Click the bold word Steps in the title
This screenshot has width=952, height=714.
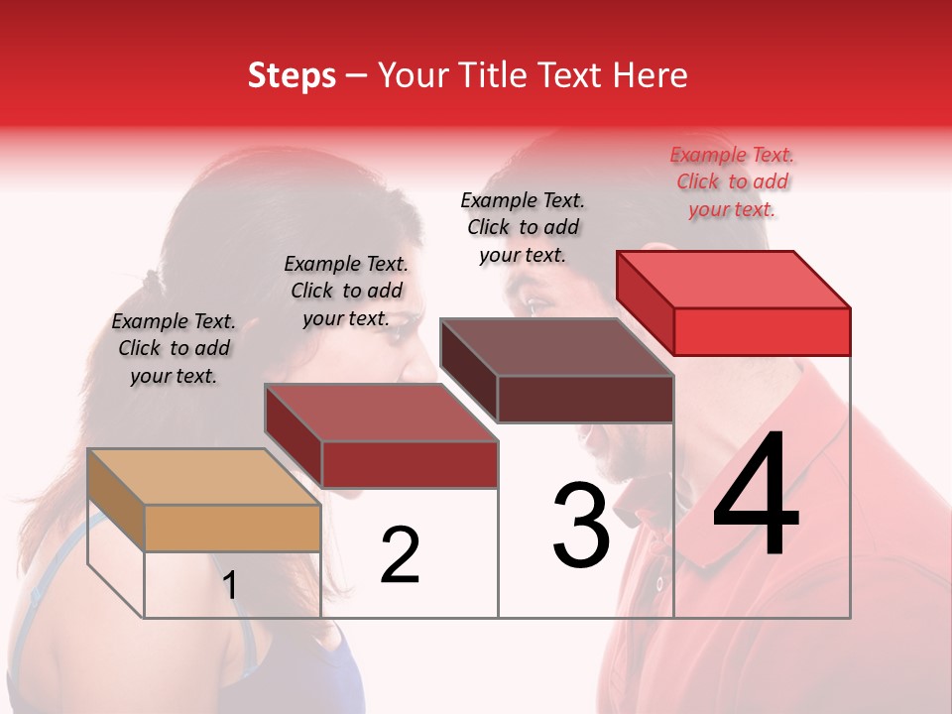(292, 76)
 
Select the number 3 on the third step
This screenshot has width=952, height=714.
(581, 526)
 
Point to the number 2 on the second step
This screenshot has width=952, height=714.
(400, 555)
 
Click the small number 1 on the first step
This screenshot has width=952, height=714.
(230, 586)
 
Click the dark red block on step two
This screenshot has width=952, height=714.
(381, 436)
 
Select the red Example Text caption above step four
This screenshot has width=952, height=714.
(732, 182)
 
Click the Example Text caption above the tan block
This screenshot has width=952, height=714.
(174, 349)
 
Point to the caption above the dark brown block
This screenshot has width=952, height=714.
(523, 228)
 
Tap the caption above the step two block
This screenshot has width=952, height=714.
(346, 292)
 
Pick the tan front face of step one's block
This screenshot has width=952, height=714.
(233, 529)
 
